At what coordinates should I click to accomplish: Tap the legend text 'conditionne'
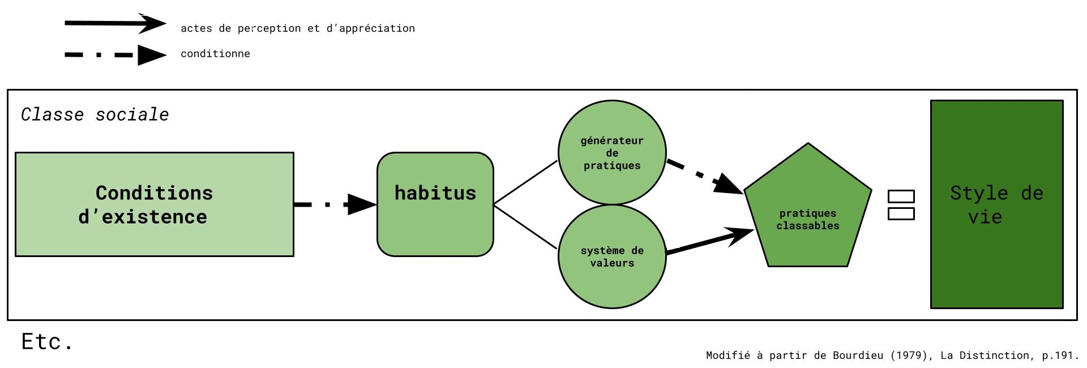click(x=215, y=54)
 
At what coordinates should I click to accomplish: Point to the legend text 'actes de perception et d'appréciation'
click(x=297, y=28)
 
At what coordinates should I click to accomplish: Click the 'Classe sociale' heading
click(x=95, y=114)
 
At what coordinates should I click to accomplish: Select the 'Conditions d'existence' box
click(x=154, y=204)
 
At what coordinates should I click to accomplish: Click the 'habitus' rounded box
click(x=435, y=204)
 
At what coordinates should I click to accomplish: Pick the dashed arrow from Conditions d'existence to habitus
click(x=334, y=204)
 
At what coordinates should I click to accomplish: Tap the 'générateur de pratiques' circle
click(x=612, y=153)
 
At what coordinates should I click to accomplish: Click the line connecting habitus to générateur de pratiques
click(x=525, y=182)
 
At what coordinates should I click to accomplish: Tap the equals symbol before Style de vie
click(x=901, y=205)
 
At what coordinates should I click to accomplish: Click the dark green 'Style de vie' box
click(x=996, y=204)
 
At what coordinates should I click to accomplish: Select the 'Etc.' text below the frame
click(x=46, y=342)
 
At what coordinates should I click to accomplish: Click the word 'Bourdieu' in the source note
click(x=858, y=356)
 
